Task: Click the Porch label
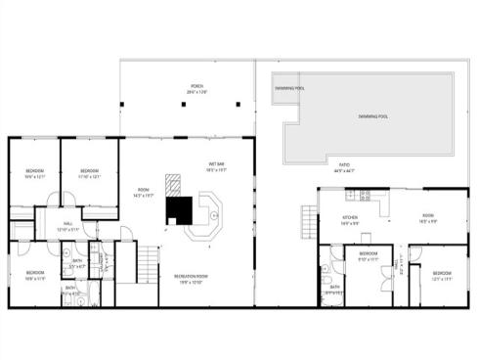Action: click(197, 89)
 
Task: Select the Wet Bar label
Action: click(216, 165)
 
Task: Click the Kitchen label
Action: click(350, 219)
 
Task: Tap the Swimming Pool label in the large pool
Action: click(372, 116)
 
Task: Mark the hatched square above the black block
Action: click(174, 184)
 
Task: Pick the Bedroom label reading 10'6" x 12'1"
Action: click(34, 174)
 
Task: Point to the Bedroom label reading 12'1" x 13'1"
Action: click(442, 276)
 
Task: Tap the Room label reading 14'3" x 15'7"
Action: click(144, 192)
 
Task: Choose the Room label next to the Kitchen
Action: click(428, 218)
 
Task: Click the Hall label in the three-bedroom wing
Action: click(69, 226)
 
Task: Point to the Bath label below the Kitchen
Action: click(334, 290)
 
